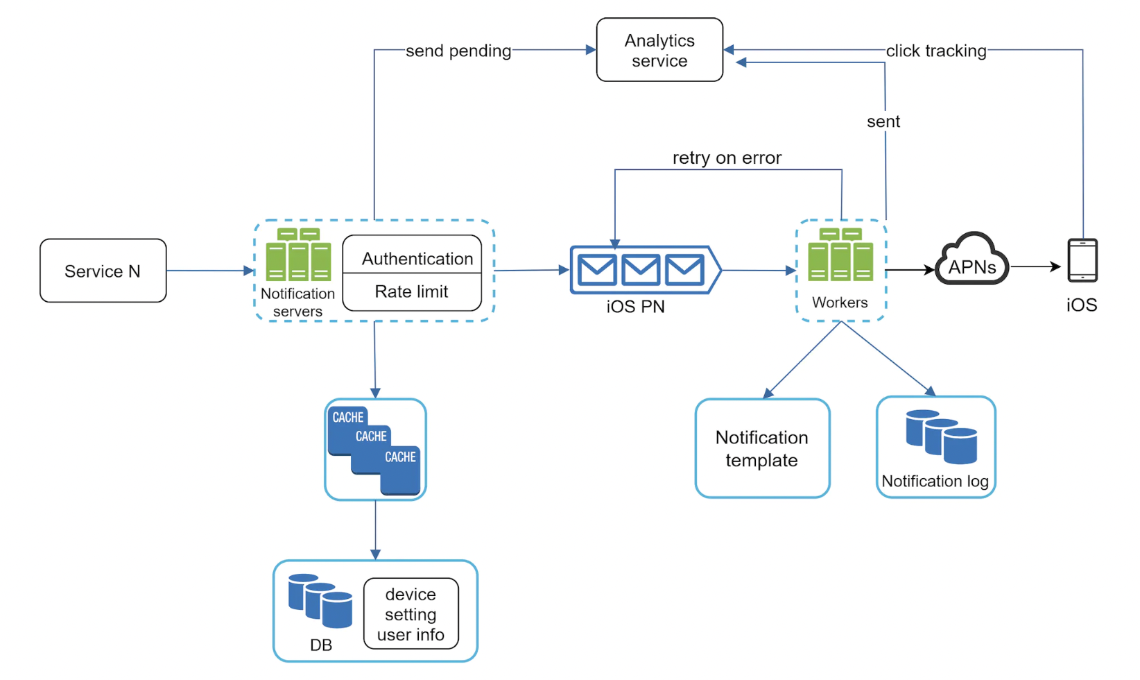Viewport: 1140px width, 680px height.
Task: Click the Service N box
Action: (103, 271)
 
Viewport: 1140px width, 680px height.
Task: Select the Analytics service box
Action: (659, 50)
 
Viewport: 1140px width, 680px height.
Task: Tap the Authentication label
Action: (417, 259)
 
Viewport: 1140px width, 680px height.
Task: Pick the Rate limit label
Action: (411, 291)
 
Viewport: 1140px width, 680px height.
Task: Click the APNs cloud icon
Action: (971, 262)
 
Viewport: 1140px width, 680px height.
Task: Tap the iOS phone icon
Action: (1082, 260)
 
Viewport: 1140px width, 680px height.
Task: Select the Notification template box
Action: (762, 448)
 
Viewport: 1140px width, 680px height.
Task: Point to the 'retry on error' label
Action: (727, 158)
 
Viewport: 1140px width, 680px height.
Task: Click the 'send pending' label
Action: (458, 51)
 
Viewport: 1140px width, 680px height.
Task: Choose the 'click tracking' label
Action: (935, 51)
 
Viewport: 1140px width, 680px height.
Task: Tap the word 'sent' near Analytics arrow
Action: (883, 121)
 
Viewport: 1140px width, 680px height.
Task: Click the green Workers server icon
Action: (840, 255)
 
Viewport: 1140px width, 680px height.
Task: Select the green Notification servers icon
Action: (298, 255)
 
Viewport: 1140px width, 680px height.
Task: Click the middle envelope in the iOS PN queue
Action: (641, 270)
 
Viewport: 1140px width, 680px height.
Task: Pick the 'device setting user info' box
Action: (411, 614)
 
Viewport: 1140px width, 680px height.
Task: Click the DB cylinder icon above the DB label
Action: (320, 600)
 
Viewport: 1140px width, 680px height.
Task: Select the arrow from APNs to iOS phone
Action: (1036, 266)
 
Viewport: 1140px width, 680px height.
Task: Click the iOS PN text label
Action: (635, 306)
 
